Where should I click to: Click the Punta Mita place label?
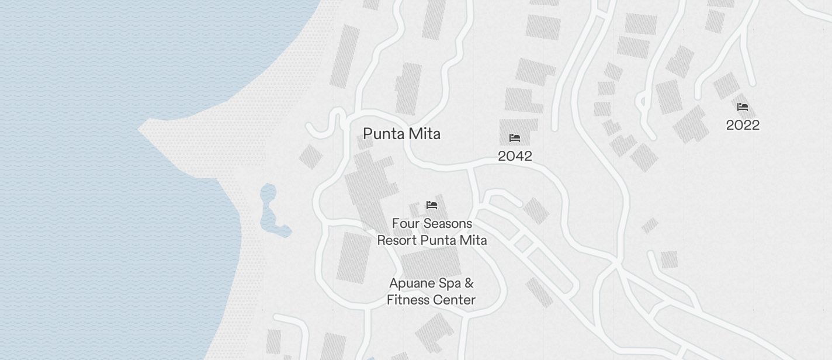point(401,134)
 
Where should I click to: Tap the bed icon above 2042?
point(515,138)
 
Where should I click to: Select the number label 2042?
point(515,156)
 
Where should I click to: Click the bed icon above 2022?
point(743,107)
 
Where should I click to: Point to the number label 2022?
point(743,125)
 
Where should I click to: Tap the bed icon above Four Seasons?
point(432,205)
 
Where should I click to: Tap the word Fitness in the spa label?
point(408,300)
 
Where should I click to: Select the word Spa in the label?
point(449,283)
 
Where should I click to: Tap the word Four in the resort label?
point(403,224)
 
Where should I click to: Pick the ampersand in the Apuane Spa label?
point(469,283)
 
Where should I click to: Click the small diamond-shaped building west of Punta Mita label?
point(310,157)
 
